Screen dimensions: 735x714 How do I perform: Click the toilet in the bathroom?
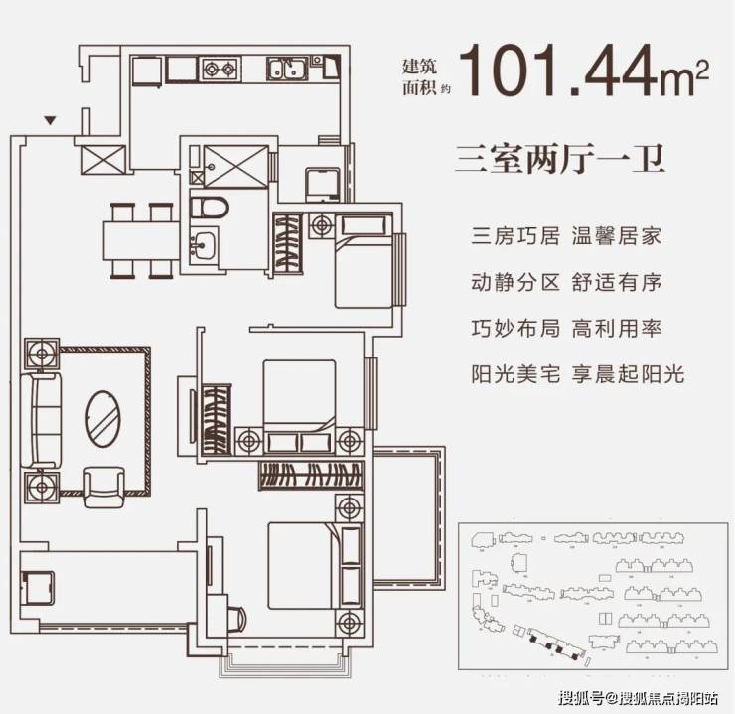click(x=210, y=208)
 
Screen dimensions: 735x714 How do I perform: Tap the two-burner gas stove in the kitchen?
click(x=220, y=70)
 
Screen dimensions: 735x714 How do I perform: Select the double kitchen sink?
click(x=287, y=69)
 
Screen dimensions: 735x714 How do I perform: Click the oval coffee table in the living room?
click(x=103, y=419)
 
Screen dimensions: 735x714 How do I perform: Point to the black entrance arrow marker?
click(x=50, y=120)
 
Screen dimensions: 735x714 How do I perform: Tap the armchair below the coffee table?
click(x=104, y=488)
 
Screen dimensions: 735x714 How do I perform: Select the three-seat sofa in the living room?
click(x=41, y=420)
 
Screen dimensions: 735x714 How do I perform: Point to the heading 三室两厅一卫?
click(x=559, y=159)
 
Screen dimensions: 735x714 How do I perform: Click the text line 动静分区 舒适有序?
click(x=566, y=282)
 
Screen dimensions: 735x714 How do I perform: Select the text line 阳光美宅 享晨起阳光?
click(x=578, y=374)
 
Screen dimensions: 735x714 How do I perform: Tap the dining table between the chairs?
click(x=141, y=240)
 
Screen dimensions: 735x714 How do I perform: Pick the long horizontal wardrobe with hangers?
click(x=311, y=475)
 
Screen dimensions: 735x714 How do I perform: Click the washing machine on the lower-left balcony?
click(x=38, y=588)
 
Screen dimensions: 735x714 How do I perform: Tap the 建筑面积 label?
click(x=420, y=76)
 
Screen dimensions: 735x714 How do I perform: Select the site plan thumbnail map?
click(x=593, y=596)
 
